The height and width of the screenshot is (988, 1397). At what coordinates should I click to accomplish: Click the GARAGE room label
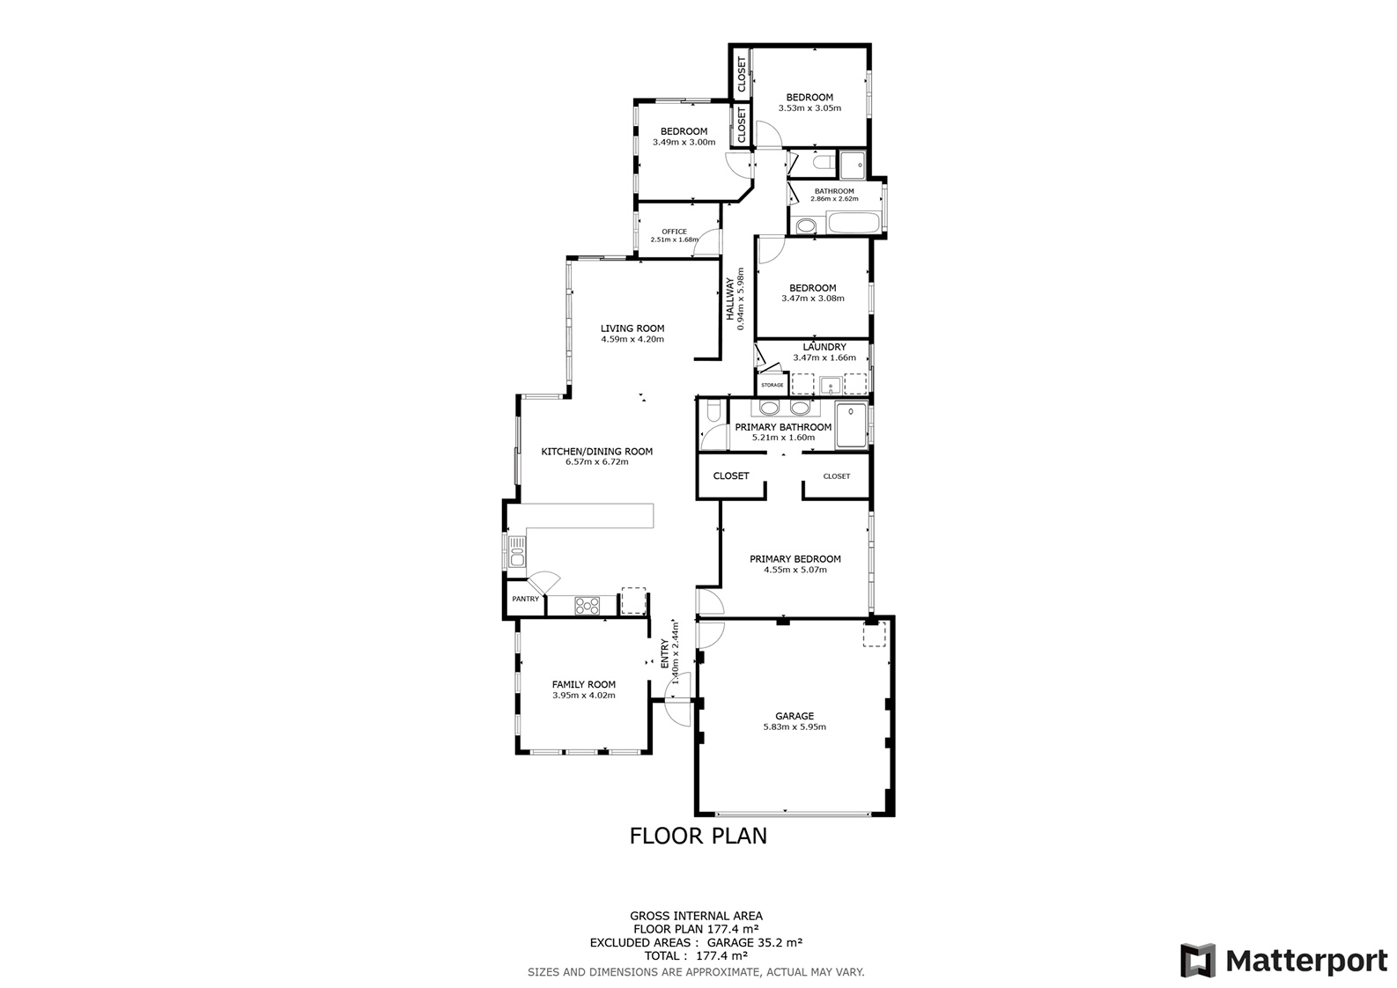pos(794,716)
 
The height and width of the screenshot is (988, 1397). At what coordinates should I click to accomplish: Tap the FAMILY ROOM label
pos(583,684)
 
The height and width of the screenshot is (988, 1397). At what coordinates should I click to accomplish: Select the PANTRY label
pos(525,599)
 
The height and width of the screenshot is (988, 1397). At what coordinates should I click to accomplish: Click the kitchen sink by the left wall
pos(517,551)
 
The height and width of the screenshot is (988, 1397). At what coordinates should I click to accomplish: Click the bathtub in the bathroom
pos(854,223)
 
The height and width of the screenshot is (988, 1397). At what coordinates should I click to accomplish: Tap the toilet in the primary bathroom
pos(713,410)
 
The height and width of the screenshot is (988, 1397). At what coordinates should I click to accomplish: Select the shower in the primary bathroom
pos(851,425)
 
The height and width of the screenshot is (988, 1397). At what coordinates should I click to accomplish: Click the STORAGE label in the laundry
pos(772,385)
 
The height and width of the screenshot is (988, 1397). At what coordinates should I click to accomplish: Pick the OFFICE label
pos(674,232)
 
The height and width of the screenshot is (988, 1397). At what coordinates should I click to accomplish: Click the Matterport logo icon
pos(1197,961)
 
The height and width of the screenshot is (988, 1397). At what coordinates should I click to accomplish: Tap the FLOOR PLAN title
pos(698,836)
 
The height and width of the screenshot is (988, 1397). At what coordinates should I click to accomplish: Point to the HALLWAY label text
pos(729,299)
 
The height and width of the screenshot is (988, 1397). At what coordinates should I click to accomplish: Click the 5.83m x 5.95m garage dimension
pos(795,726)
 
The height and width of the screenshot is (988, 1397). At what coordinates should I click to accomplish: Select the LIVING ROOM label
pos(632,328)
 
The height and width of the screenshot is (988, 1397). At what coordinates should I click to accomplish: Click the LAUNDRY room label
pos(824,347)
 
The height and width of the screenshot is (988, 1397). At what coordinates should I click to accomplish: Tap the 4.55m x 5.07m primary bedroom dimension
pos(795,570)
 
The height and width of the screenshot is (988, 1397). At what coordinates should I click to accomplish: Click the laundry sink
pos(830,385)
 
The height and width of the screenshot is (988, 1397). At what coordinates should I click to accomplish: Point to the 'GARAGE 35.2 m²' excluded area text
pos(755,942)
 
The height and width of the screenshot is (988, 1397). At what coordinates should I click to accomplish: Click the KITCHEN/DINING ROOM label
pos(597,452)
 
